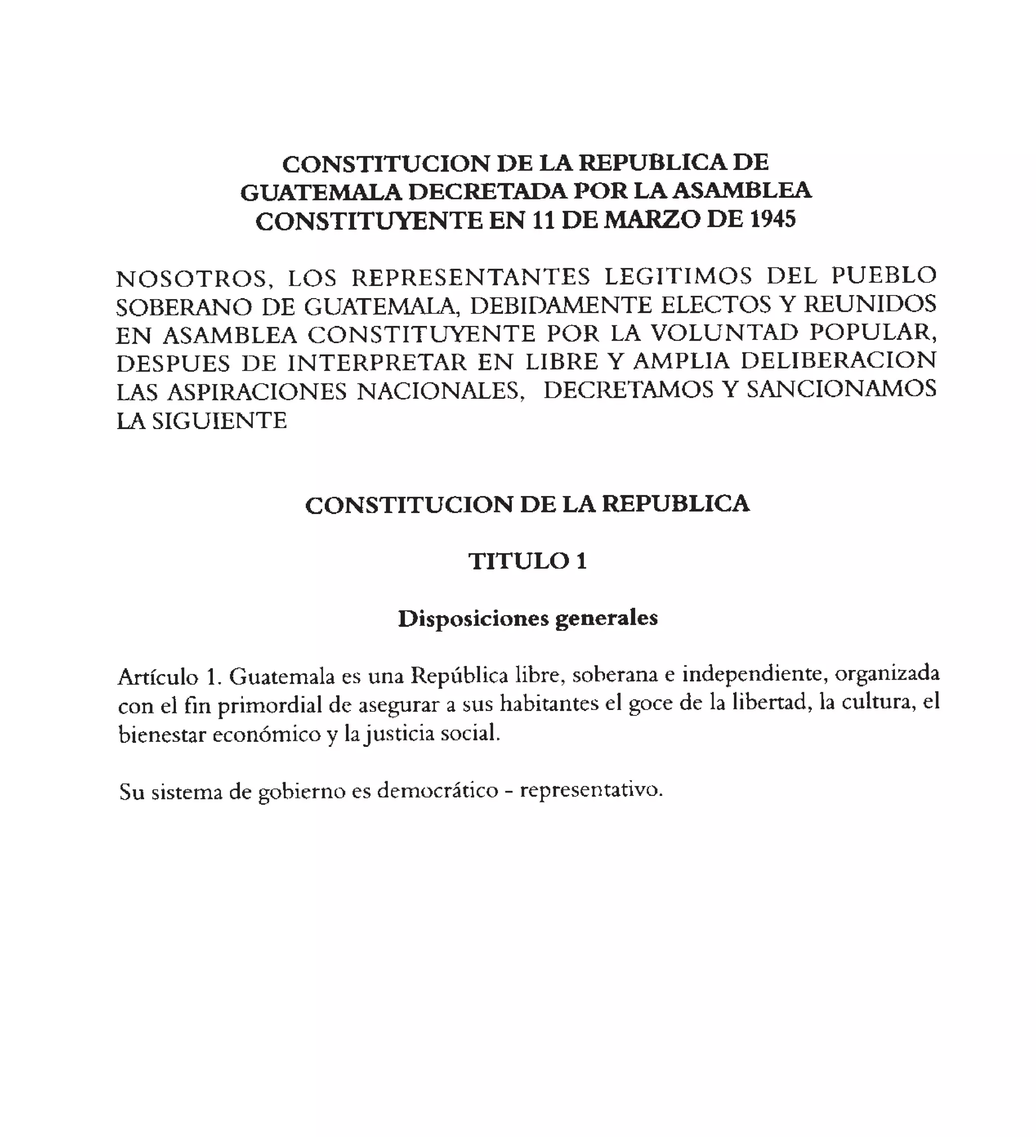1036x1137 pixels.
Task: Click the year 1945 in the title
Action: pos(772,220)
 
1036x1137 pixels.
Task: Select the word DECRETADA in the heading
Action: pos(487,192)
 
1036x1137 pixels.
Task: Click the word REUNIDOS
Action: pos(870,305)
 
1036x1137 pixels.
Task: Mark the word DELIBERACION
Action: pos(838,361)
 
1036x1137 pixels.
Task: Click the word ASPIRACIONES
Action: pos(256,392)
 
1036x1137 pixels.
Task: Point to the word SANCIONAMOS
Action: pos(841,389)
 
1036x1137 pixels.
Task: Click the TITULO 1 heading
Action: pos(527,561)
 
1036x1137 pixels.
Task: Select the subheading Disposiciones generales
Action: pos(527,619)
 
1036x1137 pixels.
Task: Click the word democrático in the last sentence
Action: pos(437,791)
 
